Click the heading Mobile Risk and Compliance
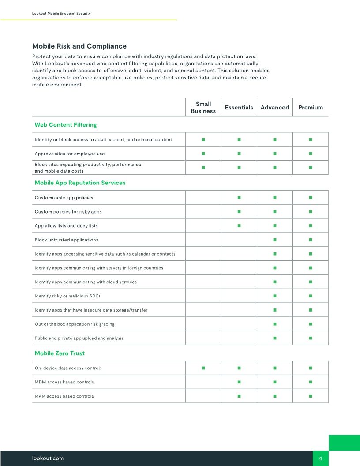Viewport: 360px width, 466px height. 79,46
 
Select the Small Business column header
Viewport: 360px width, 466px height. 203,108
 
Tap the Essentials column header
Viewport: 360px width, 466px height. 239,108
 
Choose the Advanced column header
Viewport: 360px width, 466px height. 275,108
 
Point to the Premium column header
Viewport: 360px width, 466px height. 311,108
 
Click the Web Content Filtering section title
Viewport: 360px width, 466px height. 66,125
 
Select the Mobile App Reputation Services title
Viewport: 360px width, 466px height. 80,183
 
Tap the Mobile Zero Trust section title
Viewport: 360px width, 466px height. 60,353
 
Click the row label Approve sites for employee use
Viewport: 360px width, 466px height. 70,154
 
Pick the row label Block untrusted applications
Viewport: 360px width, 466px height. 67,240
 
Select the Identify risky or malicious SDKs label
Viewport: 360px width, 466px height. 71,296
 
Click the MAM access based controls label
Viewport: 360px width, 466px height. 64,396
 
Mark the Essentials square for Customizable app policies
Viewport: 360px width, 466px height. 239,198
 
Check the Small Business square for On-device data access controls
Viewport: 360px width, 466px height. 203,368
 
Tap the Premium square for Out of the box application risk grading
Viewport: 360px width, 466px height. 311,324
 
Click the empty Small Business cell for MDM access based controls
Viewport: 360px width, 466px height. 203,382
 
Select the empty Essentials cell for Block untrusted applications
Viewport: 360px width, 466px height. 239,240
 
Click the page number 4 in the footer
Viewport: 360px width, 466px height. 321,458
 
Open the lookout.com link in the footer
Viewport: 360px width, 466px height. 48,458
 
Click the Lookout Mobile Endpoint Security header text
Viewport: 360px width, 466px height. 61,14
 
